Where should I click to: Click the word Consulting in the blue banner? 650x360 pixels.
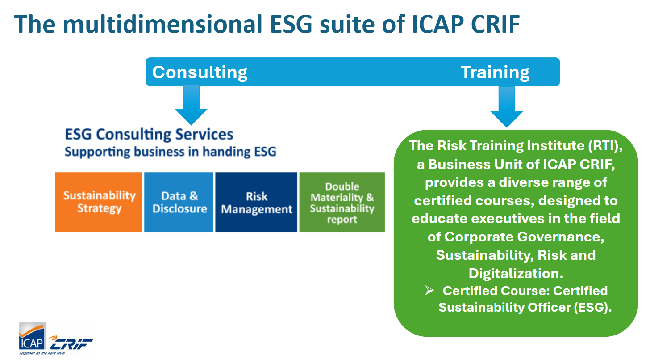pyautogui.click(x=200, y=72)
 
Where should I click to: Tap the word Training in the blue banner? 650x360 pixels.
pyautogui.click(x=495, y=72)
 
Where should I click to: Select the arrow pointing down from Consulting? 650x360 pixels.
pyautogui.click(x=191, y=105)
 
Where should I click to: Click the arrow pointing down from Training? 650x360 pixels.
pyautogui.click(x=507, y=107)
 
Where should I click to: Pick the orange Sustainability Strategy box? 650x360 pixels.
pyautogui.click(x=99, y=202)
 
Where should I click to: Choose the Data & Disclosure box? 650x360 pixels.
pyautogui.click(x=179, y=202)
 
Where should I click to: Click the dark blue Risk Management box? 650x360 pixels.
pyautogui.click(x=256, y=202)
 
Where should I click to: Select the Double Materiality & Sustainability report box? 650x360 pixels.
pyautogui.click(x=342, y=202)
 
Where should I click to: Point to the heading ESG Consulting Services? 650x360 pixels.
pyautogui.click(x=149, y=135)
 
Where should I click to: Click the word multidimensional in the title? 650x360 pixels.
pyautogui.click(x=162, y=24)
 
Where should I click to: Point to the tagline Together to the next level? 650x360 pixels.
pyautogui.click(x=42, y=353)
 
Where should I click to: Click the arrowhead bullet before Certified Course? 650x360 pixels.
pyautogui.click(x=429, y=290)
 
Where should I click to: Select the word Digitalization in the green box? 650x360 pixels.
pyautogui.click(x=516, y=273)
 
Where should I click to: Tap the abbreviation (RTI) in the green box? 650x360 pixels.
pyautogui.click(x=605, y=146)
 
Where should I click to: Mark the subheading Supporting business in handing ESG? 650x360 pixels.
pyautogui.click(x=171, y=152)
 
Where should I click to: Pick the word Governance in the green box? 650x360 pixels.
pyautogui.click(x=561, y=237)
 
